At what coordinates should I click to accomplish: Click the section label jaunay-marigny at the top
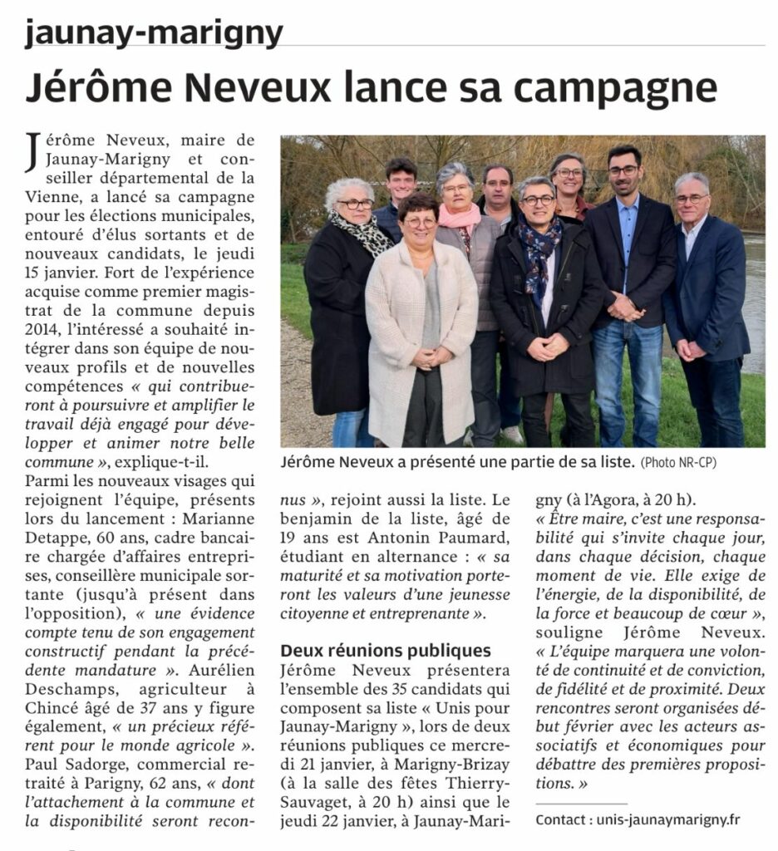pos(154,33)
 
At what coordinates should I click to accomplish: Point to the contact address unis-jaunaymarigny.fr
pos(667,819)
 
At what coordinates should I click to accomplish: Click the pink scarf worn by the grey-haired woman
pos(460,217)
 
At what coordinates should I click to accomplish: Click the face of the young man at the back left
pos(401,183)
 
